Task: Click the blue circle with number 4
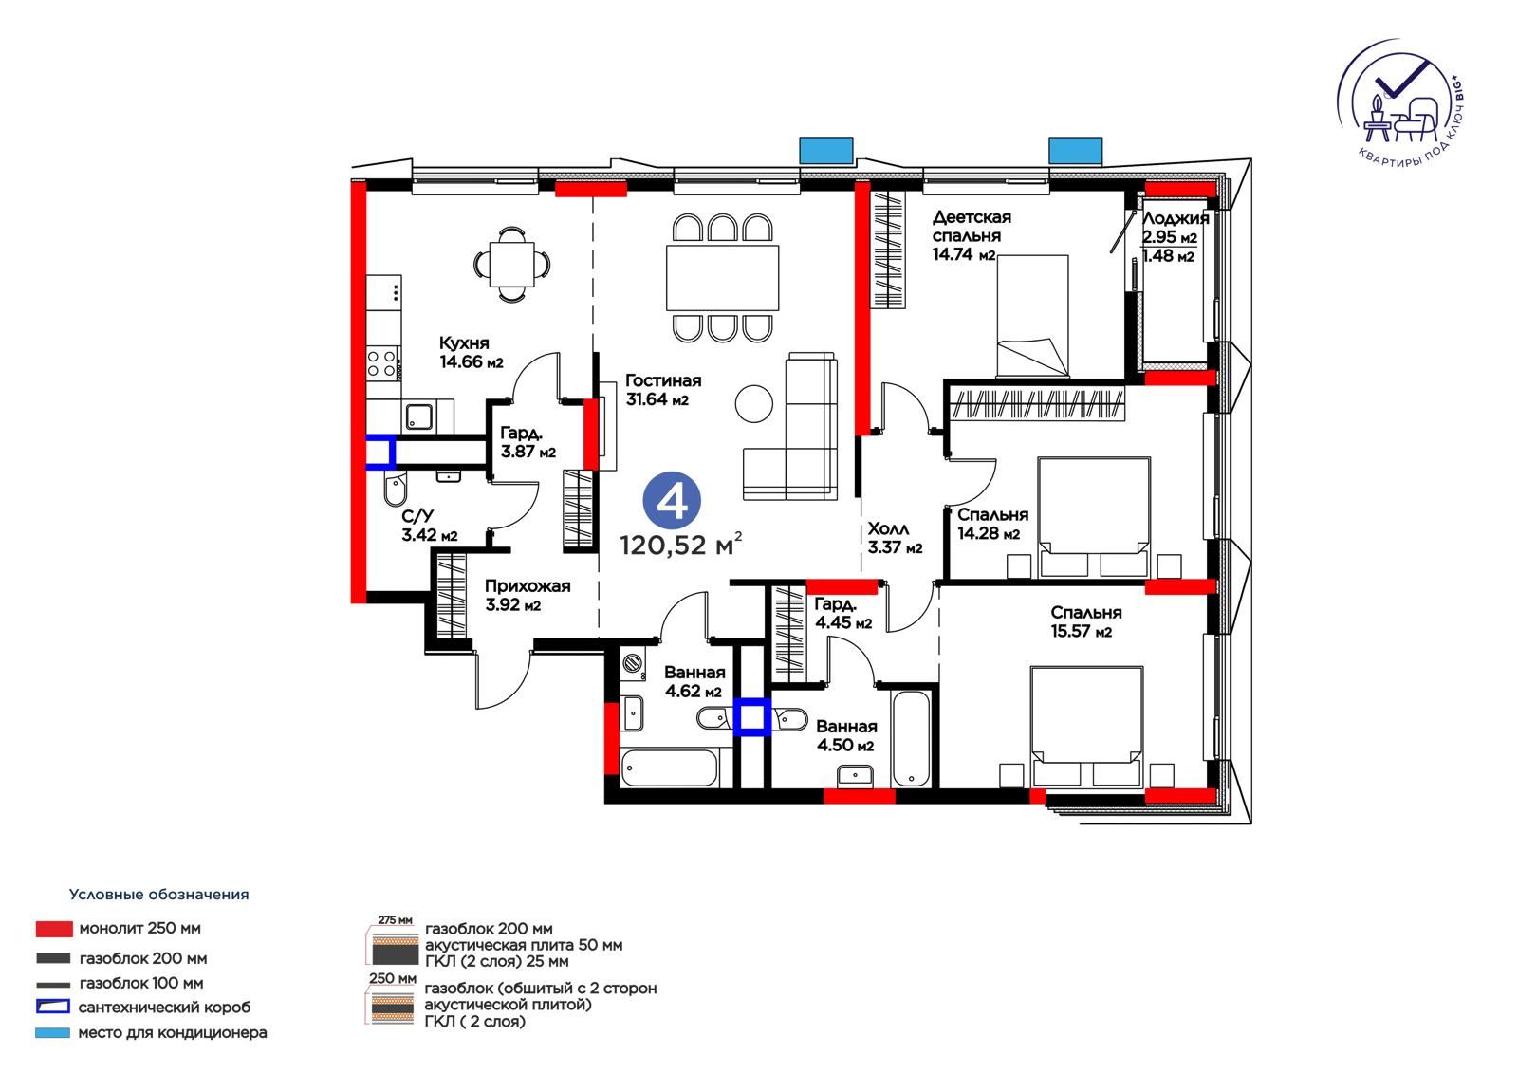[x=672, y=502]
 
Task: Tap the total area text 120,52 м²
[x=681, y=545]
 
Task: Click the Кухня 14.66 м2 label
[x=472, y=353]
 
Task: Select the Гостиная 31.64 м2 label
[x=663, y=390]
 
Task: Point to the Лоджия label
[x=1176, y=218]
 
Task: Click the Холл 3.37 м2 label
[x=895, y=538]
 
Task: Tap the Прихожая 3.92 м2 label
[x=528, y=595]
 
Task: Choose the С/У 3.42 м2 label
[x=429, y=526]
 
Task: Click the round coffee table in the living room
[x=753, y=403]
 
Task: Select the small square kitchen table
[x=511, y=264]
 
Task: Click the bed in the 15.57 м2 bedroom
[x=1086, y=726]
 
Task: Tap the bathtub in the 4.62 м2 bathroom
[x=669, y=768]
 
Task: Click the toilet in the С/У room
[x=395, y=490]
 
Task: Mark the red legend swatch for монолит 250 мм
[x=54, y=929]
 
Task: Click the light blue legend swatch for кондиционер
[x=53, y=1033]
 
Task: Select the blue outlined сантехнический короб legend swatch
[x=53, y=1007]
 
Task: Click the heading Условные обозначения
[x=158, y=895]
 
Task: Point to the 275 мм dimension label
[x=395, y=920]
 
